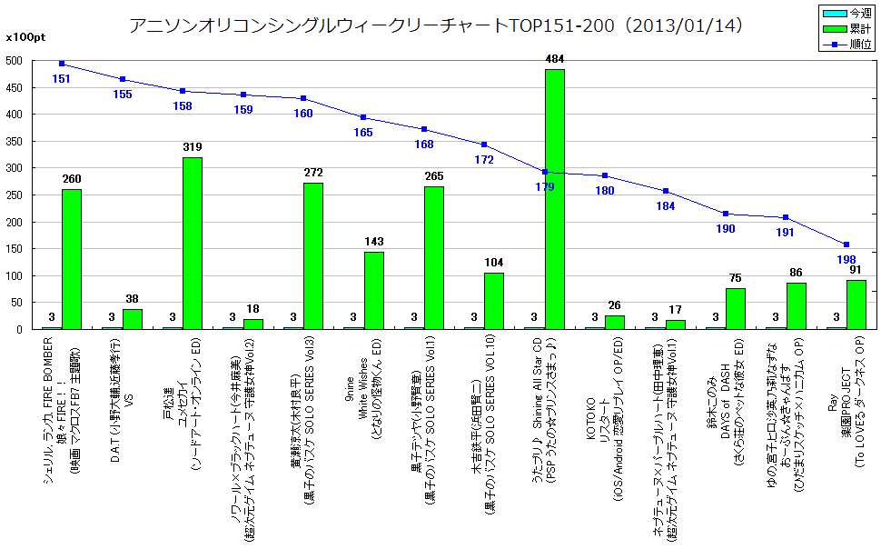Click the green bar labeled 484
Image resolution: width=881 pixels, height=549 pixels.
click(x=554, y=199)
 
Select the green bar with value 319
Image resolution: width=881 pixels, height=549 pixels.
click(x=192, y=243)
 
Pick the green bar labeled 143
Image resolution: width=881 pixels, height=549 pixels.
click(x=373, y=290)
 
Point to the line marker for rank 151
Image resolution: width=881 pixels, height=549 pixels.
click(x=62, y=64)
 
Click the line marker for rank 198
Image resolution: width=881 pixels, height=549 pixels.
click(x=846, y=245)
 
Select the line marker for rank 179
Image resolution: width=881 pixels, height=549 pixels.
click(x=545, y=172)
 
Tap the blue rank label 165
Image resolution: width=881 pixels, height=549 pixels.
click(x=363, y=132)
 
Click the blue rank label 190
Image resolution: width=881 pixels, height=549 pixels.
click(x=726, y=229)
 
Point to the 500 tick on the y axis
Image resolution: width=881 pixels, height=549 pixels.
click(x=14, y=61)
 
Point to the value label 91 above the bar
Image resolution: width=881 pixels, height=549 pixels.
click(x=856, y=270)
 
